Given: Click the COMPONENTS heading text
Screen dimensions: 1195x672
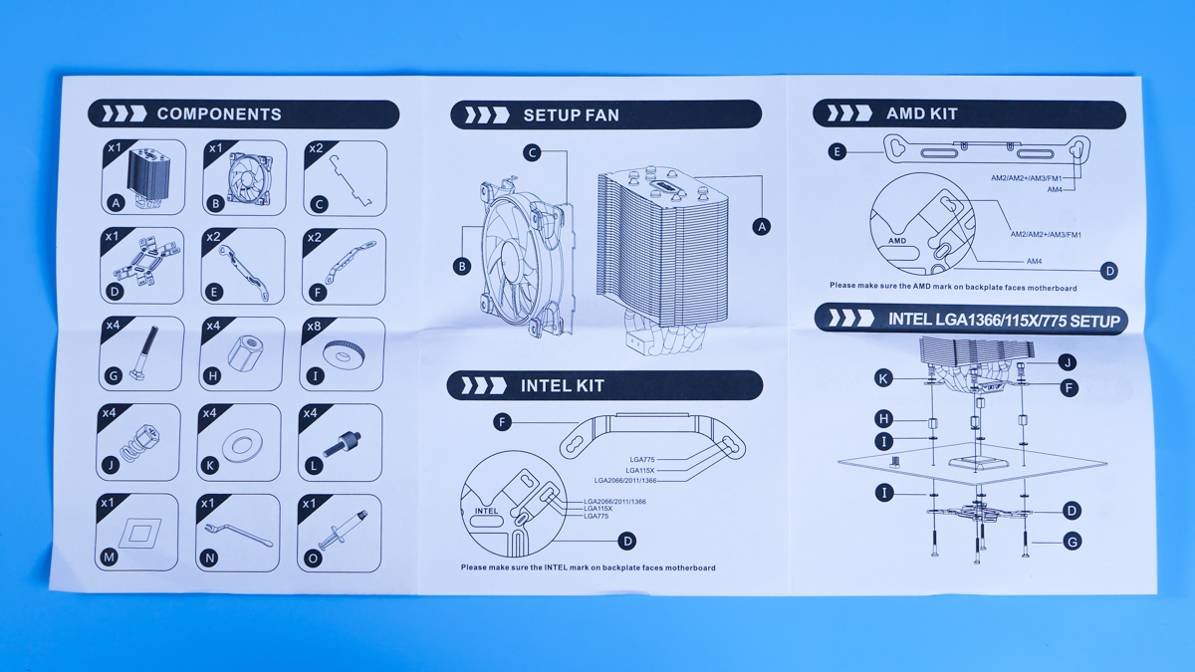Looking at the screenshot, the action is (x=219, y=114).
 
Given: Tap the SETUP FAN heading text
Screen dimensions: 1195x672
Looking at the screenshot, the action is (x=572, y=115).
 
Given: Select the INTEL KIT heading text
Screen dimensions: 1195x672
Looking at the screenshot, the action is (x=563, y=385).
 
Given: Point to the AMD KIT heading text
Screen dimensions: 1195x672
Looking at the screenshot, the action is (x=922, y=113).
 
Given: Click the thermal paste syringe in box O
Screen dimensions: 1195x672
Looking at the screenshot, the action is (x=343, y=529).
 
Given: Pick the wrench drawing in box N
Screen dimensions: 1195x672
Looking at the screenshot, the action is (x=238, y=534).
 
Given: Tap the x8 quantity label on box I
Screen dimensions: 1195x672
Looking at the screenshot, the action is (x=314, y=327).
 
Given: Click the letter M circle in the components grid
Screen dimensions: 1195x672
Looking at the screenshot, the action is (x=109, y=558).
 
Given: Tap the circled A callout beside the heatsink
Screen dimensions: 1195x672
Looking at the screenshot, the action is (x=762, y=227).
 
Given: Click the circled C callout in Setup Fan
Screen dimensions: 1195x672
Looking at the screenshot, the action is (x=532, y=153).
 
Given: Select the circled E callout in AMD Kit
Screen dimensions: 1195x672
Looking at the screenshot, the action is (x=837, y=152).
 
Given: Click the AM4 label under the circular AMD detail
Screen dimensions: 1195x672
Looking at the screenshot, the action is (x=1034, y=261).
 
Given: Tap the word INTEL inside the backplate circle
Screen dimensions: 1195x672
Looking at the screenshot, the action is (x=486, y=511).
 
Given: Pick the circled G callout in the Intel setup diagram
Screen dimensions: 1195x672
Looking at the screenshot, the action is (x=1073, y=542).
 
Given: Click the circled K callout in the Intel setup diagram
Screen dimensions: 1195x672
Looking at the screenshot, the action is (x=883, y=378).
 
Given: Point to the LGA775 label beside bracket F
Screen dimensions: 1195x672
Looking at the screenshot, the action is (x=641, y=459).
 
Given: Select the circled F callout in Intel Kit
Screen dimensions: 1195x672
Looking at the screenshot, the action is (x=502, y=423).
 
